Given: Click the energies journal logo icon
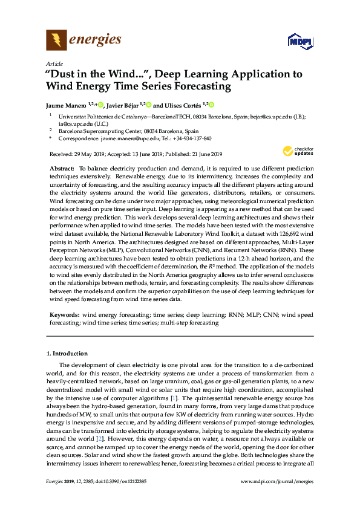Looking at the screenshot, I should coord(56,41).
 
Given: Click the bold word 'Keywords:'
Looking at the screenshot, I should coord(64,315).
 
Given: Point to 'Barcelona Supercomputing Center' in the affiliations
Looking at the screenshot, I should coord(100,131).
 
